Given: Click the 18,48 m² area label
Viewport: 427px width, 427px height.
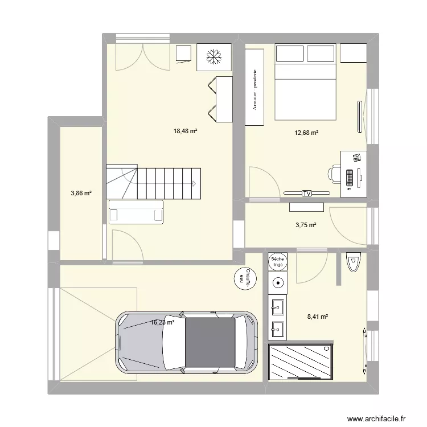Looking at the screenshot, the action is (185, 132).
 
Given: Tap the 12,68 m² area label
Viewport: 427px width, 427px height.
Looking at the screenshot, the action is (306, 133).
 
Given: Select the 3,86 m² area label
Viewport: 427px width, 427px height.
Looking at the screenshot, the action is (81, 194).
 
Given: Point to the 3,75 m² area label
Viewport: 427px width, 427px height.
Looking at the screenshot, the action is (306, 225).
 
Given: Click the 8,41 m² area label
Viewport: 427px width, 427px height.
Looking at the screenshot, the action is (318, 317).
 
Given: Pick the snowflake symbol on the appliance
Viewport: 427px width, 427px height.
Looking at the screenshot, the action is (214, 57).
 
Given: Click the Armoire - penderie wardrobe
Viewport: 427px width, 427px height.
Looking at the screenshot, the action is (254, 87).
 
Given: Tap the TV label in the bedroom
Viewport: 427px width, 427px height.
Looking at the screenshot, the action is (307, 194).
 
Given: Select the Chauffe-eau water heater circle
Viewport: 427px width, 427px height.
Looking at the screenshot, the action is (245, 278).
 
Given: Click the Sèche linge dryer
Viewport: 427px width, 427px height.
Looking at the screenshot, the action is (277, 262).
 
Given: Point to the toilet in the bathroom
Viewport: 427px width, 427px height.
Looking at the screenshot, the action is (353, 262).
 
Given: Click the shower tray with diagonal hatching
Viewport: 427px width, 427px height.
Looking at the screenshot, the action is (301, 362).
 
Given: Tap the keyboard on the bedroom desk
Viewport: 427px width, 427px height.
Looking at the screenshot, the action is (350, 178).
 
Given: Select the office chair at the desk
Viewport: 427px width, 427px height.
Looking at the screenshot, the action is (334, 173).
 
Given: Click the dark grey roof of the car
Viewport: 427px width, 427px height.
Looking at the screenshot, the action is (210, 342).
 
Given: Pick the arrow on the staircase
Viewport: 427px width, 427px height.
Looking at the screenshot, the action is (194, 183).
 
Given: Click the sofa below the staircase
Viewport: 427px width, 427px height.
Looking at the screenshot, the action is (136, 212).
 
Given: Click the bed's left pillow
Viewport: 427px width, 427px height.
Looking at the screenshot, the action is (289, 54).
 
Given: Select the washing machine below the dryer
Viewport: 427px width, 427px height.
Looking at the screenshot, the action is (277, 283).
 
